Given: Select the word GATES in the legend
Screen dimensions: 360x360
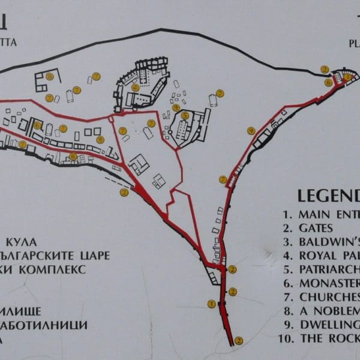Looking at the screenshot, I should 319,228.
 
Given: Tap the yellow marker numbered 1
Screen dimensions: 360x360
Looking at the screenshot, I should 211,304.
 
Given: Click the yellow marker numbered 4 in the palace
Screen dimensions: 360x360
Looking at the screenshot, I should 136,87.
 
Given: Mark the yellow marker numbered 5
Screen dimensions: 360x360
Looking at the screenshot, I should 185,115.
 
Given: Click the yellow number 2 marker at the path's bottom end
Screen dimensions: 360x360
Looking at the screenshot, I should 238,341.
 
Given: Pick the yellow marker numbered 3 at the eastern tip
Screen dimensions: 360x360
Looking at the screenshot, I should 347,76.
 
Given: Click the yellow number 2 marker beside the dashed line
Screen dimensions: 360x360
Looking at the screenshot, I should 124,192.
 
